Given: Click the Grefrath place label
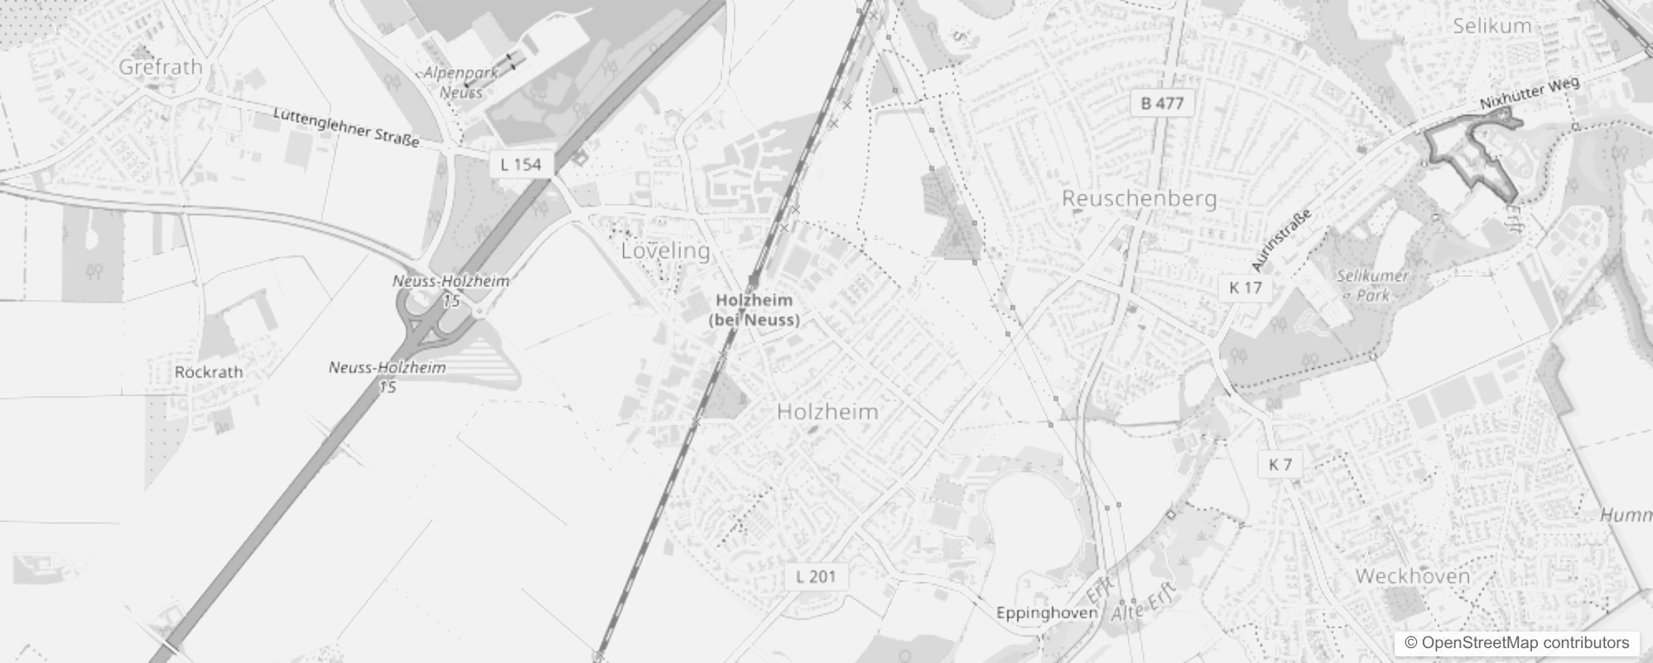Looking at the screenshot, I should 161,67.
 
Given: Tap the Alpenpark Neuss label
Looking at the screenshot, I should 461,82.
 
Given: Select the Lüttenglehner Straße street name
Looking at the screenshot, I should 346,128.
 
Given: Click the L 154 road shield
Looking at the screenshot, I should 521,164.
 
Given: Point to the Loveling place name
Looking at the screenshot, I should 665,250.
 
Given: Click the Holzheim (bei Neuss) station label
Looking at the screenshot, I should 754,310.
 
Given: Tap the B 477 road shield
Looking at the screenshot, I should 1162,104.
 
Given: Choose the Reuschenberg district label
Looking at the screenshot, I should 1139,199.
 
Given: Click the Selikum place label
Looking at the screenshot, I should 1492,26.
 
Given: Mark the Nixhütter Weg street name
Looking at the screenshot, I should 1530,94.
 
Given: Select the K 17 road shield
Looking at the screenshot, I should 1245,288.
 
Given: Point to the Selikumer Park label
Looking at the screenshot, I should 1371,284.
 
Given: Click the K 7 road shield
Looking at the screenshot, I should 1280,465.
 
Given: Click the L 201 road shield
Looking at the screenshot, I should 816,577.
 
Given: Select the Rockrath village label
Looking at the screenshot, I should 209,372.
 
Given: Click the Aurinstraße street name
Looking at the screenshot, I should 1281,240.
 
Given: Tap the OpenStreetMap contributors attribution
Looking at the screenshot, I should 1516,643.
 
